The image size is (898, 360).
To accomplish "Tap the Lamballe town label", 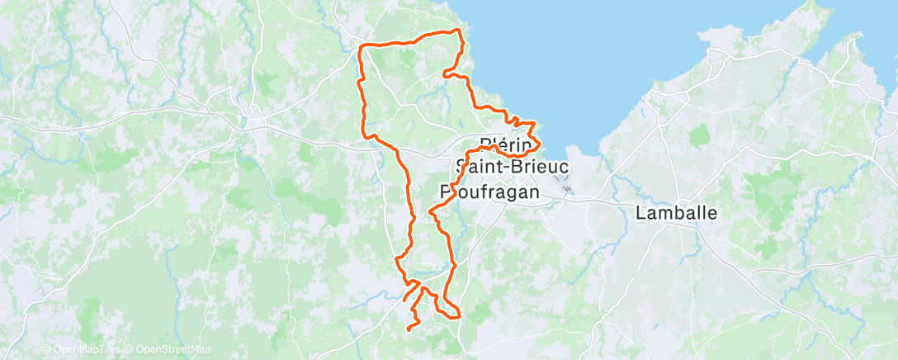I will click(x=677, y=212).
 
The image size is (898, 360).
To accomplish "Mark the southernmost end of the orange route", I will click(x=409, y=330).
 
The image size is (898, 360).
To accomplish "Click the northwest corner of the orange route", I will click(x=361, y=47).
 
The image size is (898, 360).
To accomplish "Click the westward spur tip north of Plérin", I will click(x=445, y=74).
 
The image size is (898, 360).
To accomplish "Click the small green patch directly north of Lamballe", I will click(x=700, y=135).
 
